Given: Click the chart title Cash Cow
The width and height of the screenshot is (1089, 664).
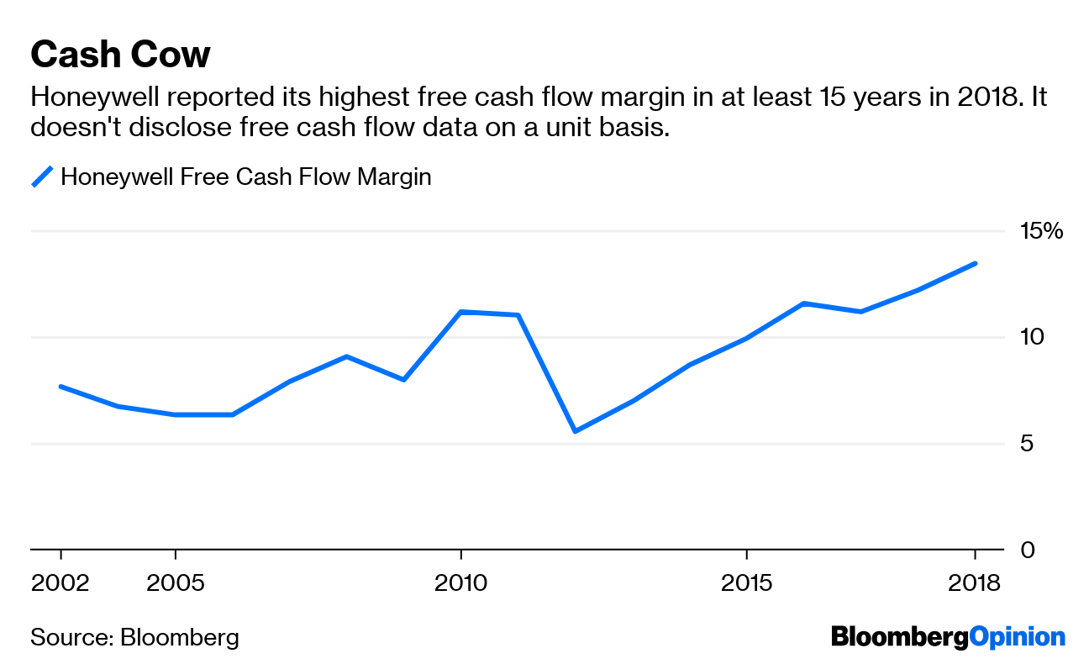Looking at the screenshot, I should click(120, 55).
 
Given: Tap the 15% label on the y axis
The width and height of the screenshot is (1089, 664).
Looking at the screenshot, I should click(1042, 230).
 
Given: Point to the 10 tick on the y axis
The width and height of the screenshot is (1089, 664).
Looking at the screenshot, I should click(1032, 337).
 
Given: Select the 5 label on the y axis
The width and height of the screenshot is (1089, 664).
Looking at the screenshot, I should click(1026, 444).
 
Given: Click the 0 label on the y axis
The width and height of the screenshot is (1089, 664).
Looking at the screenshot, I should click(1026, 550).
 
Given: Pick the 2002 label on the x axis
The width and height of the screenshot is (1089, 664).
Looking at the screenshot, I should click(60, 582).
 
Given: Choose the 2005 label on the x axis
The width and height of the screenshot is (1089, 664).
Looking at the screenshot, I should click(175, 582).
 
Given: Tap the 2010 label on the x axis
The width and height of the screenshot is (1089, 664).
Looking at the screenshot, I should click(460, 582).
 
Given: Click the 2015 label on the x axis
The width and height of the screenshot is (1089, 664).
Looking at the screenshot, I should click(746, 582).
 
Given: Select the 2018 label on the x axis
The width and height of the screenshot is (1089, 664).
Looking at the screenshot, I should click(975, 582).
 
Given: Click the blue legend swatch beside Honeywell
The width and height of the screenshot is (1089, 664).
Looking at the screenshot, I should click(42, 177).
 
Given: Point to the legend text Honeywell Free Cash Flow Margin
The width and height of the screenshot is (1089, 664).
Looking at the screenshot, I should click(245, 177).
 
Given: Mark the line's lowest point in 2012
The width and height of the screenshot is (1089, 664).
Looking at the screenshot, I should click(575, 431).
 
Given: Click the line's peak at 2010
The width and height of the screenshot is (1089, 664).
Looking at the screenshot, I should click(460, 312).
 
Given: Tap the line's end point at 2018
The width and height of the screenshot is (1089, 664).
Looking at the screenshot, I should click(975, 263).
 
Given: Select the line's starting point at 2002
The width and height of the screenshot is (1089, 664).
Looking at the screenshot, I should click(60, 386).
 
